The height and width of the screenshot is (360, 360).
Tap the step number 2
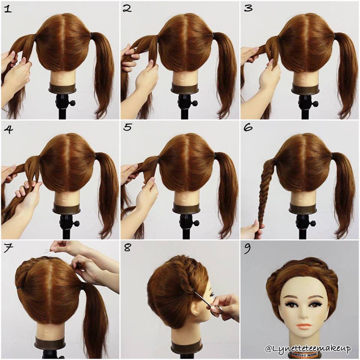point(127,9)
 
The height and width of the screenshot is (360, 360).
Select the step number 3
point(248,9)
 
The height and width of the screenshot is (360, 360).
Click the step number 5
point(127,127)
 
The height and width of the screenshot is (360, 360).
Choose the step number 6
point(248,127)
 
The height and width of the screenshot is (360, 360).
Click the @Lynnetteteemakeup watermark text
point(308,349)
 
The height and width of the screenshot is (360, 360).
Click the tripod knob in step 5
point(194,222)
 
